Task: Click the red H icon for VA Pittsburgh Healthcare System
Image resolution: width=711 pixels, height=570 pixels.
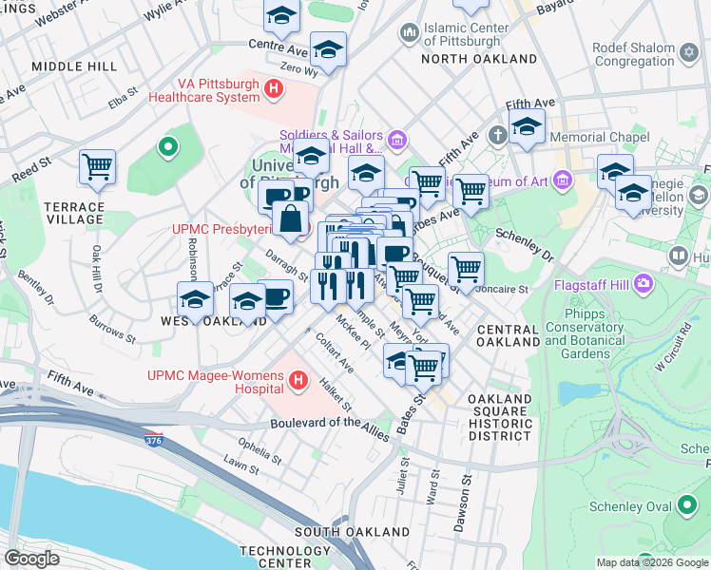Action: pos(274,90)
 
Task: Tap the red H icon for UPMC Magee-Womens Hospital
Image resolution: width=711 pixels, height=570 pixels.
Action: pos(298,382)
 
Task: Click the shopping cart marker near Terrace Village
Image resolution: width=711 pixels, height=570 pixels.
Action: pos(97,168)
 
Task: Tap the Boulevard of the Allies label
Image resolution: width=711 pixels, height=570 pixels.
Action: pos(330,427)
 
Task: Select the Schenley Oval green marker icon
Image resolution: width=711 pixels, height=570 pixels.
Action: pos(687,506)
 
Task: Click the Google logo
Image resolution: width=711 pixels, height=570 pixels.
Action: pos(31,559)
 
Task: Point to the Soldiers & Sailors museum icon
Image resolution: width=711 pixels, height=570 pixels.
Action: pos(396,142)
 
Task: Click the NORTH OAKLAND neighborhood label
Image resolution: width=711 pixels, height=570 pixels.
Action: pos(479,59)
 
